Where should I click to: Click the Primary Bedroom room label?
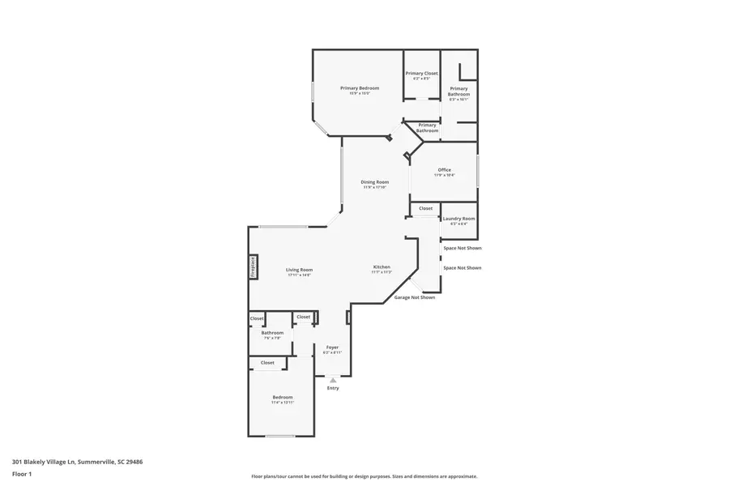click(x=360, y=88)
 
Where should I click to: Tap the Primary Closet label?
click(x=421, y=74)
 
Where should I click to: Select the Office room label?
click(x=444, y=170)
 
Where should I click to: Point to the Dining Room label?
click(x=375, y=182)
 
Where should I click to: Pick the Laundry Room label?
click(x=458, y=219)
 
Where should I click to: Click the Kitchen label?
click(x=382, y=267)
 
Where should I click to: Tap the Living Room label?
click(x=299, y=270)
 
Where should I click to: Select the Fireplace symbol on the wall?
click(x=253, y=266)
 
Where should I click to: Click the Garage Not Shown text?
click(x=415, y=297)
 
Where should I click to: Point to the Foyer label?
click(x=332, y=347)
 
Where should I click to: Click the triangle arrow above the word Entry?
click(x=333, y=380)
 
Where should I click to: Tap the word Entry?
click(x=333, y=388)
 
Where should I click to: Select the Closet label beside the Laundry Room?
click(x=425, y=208)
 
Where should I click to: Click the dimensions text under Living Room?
click(x=299, y=275)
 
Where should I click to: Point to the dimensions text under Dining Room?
click(x=375, y=188)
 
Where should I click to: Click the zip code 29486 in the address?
click(x=134, y=462)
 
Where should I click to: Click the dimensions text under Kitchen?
click(x=382, y=273)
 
